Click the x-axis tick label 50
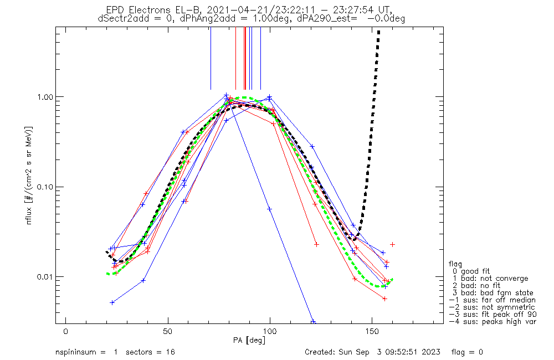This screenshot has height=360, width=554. point(168,331)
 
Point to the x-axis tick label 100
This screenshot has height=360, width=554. point(270,331)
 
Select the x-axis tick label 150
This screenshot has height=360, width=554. point(372,331)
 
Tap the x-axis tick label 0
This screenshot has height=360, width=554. point(66,331)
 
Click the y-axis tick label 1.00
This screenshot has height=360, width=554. point(45,97)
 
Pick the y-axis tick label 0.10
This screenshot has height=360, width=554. point(45,187)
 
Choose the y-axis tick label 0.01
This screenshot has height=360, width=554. point(45,276)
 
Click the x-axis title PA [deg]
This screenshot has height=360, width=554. point(249,340)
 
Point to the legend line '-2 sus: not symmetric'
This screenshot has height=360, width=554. point(492,307)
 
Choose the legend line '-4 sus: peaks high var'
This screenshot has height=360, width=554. point(493,322)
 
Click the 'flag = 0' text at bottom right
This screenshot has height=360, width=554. point(467,352)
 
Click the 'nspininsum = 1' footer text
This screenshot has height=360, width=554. point(86,352)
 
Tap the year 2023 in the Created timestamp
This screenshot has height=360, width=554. point(430,352)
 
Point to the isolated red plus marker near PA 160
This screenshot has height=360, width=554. point(392,244)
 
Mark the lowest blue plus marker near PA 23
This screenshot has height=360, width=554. point(112,302)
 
